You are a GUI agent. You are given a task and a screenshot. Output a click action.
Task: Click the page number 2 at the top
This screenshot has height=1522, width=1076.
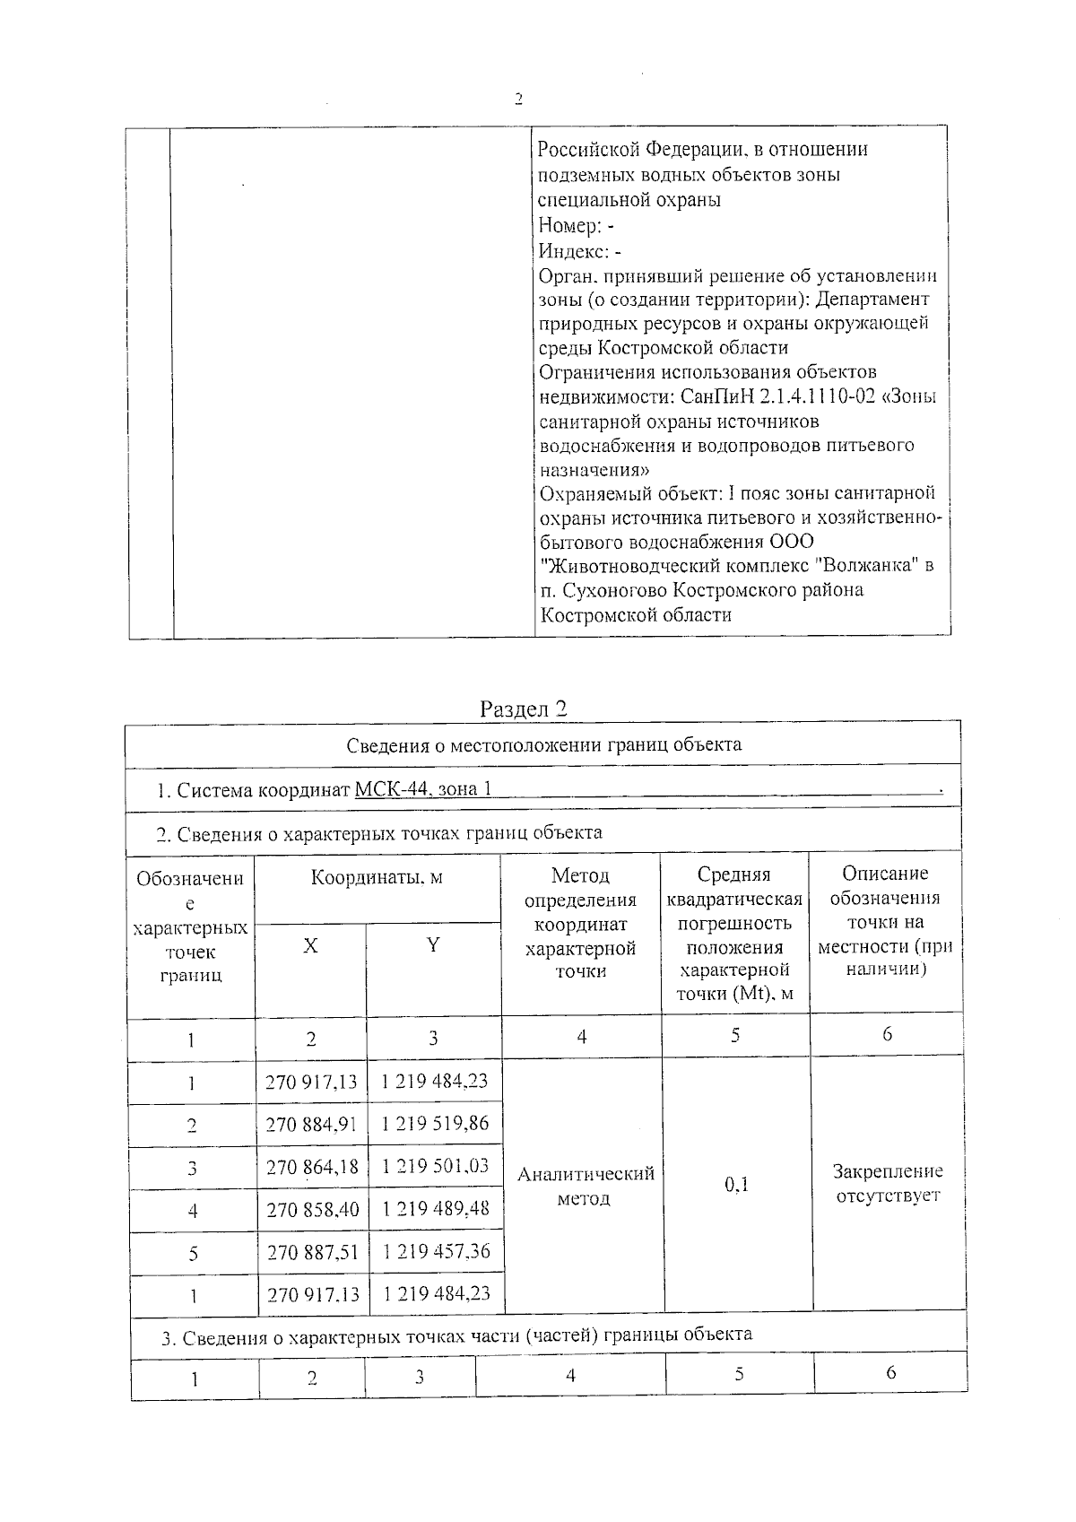click(517, 99)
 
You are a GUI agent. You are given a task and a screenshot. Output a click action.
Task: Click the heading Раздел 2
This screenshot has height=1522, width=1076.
click(524, 709)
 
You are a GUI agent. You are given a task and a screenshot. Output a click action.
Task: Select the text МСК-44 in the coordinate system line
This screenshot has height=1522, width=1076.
click(390, 790)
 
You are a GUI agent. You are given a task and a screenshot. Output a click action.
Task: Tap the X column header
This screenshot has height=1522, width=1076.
click(310, 946)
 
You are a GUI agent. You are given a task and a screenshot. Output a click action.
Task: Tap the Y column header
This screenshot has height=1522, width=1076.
click(433, 945)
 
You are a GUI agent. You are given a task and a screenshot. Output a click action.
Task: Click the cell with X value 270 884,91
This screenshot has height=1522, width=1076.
click(311, 1124)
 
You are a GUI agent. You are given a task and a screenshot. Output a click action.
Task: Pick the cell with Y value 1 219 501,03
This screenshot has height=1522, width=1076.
click(435, 1165)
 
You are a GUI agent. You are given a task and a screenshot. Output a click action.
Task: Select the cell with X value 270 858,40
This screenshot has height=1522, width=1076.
click(312, 1210)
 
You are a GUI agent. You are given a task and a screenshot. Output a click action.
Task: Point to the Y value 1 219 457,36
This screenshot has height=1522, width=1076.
click(436, 1251)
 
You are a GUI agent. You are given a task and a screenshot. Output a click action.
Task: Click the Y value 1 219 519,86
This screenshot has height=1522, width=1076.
click(435, 1123)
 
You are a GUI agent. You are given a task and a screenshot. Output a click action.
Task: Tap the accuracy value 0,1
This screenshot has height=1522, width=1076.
click(736, 1185)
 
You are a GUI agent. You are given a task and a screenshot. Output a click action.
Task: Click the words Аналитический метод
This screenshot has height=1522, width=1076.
click(586, 1185)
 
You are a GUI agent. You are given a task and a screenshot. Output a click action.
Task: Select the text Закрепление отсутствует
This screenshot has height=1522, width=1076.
click(888, 1183)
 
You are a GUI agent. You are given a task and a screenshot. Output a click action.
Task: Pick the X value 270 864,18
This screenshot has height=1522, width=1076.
click(311, 1167)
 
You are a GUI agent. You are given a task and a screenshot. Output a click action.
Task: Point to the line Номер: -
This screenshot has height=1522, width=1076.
click(576, 226)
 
